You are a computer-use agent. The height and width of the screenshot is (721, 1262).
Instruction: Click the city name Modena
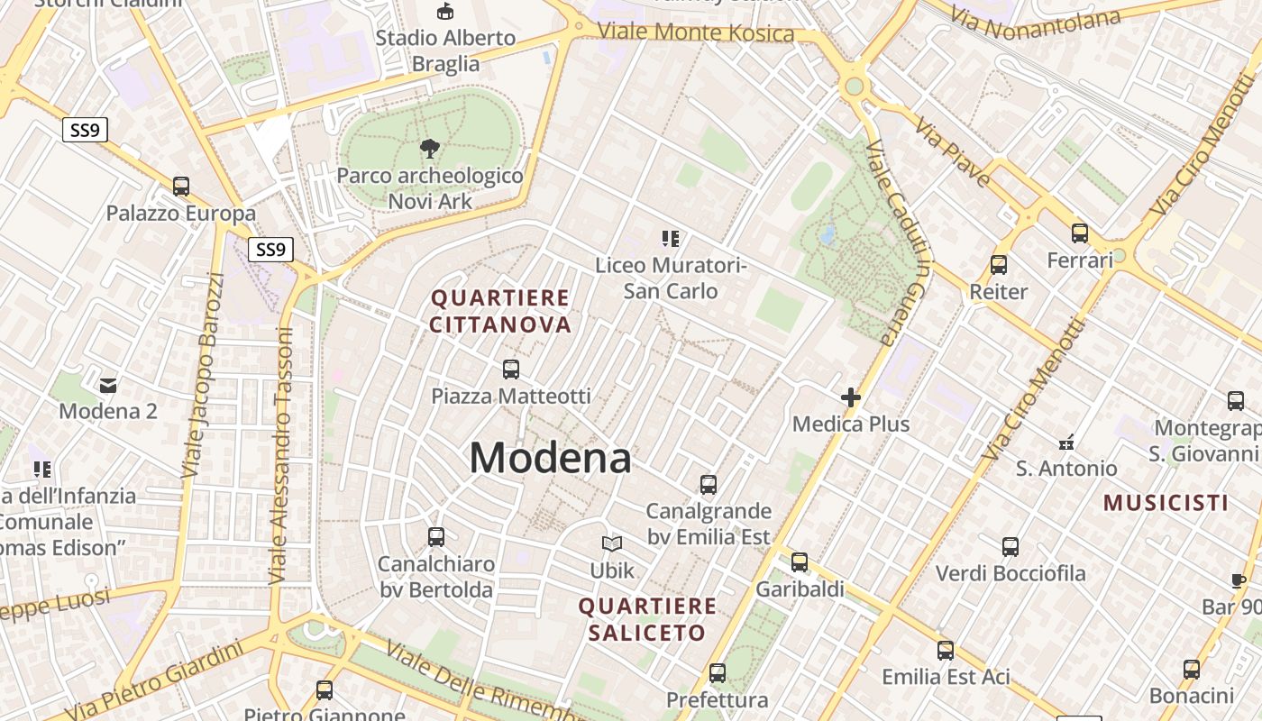550,458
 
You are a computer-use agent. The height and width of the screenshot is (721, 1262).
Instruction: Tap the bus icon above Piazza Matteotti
511,369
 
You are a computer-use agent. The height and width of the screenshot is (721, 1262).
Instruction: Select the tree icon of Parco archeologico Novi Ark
430,149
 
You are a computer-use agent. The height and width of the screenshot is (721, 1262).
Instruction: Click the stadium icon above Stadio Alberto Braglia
444,12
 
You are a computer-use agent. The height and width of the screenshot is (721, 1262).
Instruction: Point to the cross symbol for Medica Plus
850,397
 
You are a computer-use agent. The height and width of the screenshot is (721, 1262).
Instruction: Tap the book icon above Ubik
612,543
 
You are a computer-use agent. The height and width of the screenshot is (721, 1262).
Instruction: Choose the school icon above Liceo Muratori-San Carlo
670,239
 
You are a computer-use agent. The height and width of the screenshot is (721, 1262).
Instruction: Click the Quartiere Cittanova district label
500,311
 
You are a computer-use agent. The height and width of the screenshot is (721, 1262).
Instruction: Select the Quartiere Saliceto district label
647,619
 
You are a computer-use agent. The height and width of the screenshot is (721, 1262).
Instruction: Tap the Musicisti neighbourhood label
1166,503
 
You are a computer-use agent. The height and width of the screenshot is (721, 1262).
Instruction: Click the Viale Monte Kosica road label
696,33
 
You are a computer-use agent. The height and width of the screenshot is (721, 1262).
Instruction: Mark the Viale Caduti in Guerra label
898,243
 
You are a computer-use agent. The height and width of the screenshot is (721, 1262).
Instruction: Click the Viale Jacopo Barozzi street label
203,374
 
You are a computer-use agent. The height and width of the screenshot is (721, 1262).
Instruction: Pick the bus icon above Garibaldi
799,562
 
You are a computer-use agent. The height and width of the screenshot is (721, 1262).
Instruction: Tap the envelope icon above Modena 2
108,386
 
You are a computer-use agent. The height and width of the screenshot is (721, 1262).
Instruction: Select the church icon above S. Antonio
1066,443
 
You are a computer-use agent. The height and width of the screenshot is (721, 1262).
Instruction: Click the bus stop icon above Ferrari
1080,233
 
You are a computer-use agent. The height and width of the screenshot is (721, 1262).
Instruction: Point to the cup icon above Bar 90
1238,581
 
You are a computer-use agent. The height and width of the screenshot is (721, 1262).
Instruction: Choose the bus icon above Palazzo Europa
181,187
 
